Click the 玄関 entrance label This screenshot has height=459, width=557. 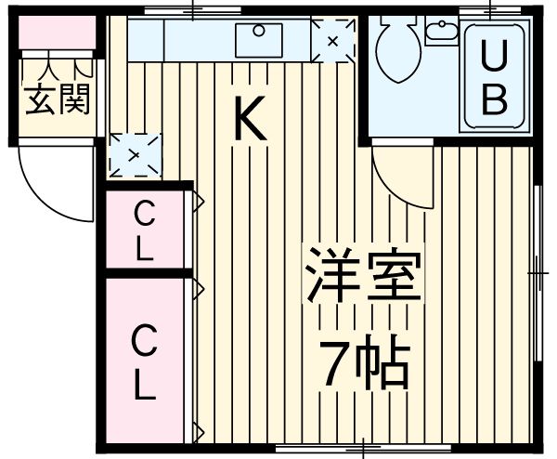[x=57, y=99]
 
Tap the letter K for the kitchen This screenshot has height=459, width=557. [x=250, y=118]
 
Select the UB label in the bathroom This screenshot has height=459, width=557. [x=494, y=77]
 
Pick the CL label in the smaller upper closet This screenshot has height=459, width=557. [x=145, y=230]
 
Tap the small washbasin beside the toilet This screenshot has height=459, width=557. [x=442, y=31]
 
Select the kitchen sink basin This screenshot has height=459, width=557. [x=259, y=40]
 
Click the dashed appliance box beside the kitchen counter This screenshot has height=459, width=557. [x=333, y=41]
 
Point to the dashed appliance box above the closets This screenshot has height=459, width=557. [x=135, y=155]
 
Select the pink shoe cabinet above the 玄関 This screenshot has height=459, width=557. [x=57, y=32]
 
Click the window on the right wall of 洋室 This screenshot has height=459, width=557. [x=538, y=273]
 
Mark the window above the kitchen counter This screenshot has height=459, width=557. [x=192, y=10]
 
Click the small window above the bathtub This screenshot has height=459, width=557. [x=490, y=10]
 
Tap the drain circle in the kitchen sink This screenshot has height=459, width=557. [x=259, y=31]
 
